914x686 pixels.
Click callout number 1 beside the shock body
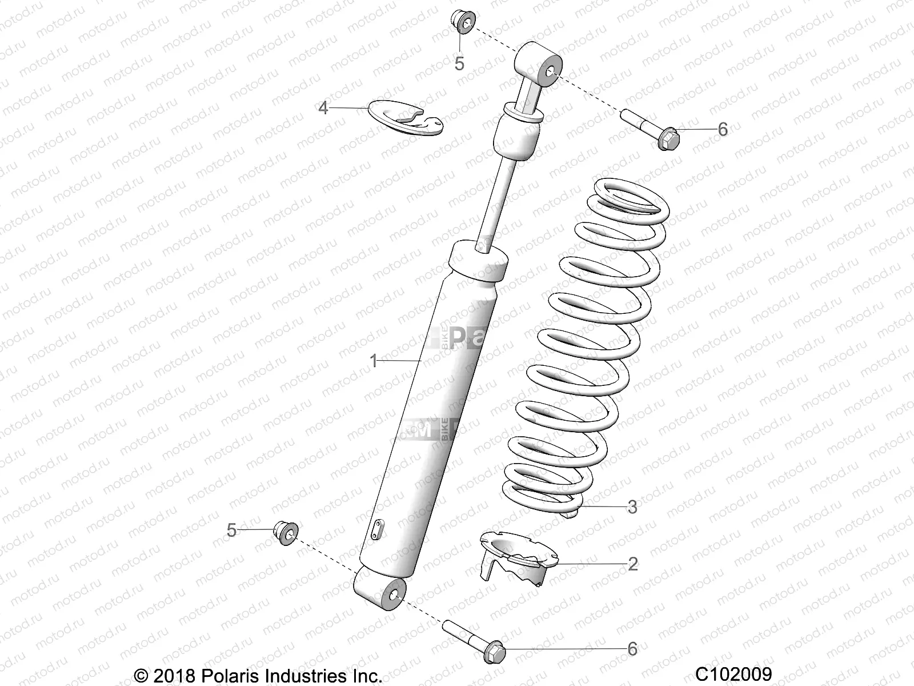374,361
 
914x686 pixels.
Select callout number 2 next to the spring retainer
632,564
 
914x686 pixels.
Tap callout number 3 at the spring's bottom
632,506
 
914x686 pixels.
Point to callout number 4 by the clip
323,107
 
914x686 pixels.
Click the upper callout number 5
459,63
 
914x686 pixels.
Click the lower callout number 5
231,530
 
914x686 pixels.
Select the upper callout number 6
723,129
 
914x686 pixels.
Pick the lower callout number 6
632,649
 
